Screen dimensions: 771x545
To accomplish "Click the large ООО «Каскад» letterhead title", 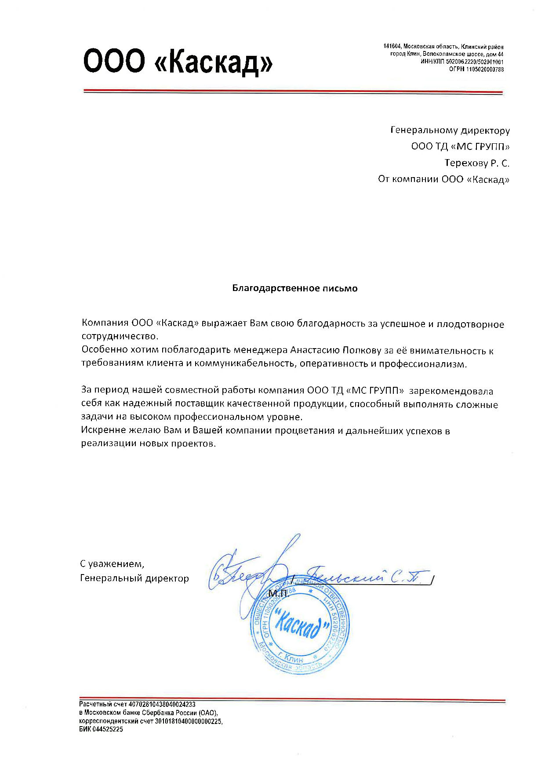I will (178, 61).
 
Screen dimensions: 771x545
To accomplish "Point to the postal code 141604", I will (392, 47).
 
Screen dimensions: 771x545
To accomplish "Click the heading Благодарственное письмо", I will (294, 288).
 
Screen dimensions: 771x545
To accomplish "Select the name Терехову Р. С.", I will (476, 163).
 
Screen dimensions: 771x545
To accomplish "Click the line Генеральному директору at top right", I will (450, 131).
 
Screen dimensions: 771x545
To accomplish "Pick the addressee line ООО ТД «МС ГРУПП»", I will (460, 146).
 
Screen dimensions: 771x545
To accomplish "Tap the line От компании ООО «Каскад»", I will (443, 179).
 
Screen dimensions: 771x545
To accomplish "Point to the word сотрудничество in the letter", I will (120, 337).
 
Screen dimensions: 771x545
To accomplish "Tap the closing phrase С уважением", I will (112, 564).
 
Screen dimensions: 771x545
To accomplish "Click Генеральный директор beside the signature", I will (134, 578).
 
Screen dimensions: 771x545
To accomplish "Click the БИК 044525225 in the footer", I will (101, 729).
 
